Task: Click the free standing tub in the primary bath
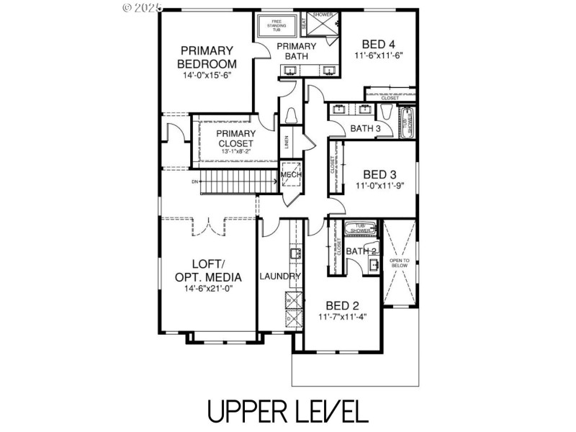[x=276, y=26]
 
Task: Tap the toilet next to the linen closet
[x=292, y=116]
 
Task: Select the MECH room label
[x=290, y=175]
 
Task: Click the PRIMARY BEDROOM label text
[x=207, y=57]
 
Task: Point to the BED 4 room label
[x=377, y=44]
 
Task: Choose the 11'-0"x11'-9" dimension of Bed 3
[x=379, y=185]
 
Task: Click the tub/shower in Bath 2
[x=360, y=229]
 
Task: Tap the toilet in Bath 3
[x=388, y=114]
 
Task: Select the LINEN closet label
[x=287, y=143]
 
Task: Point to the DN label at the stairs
[x=194, y=182]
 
